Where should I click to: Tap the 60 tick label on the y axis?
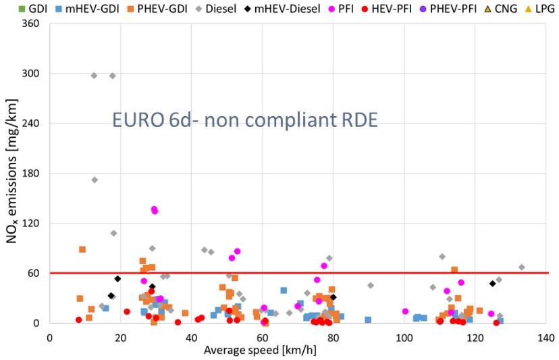click(x=36, y=274)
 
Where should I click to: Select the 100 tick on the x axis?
click(x=404, y=336)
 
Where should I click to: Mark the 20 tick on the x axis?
click(x=120, y=336)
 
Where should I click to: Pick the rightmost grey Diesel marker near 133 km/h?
click(x=521, y=267)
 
